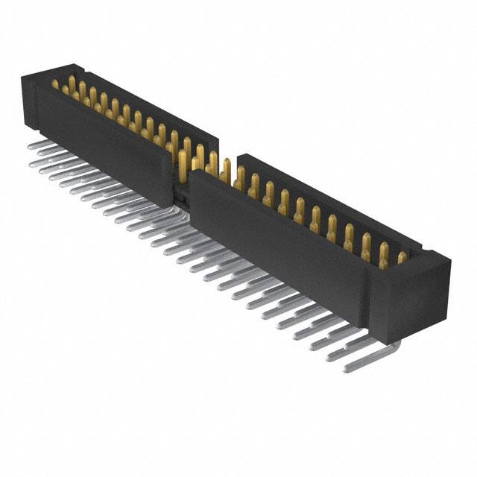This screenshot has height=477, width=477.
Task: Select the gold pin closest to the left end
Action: [x=55, y=84]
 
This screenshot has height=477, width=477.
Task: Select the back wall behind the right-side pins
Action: [x=328, y=194]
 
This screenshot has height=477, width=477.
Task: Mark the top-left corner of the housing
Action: [x=24, y=75]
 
